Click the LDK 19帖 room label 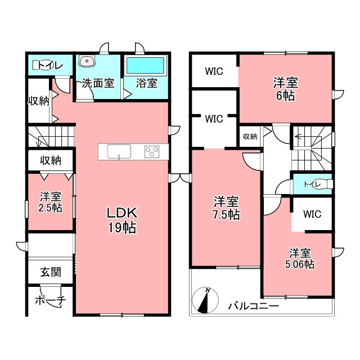122,220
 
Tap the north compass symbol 205,300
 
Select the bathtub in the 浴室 145,66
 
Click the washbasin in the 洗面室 87,61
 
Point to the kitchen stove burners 152,152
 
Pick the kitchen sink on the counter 119,151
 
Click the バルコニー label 253,306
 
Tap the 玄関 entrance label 51,272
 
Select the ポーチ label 50,300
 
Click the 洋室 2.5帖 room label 51,202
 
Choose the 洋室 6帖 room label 286,89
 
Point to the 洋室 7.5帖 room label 227,208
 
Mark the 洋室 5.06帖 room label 300,258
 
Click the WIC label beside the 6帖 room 214,71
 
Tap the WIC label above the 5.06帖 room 312,214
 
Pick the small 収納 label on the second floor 250,136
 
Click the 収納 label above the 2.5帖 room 51,160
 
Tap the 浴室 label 146,83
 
